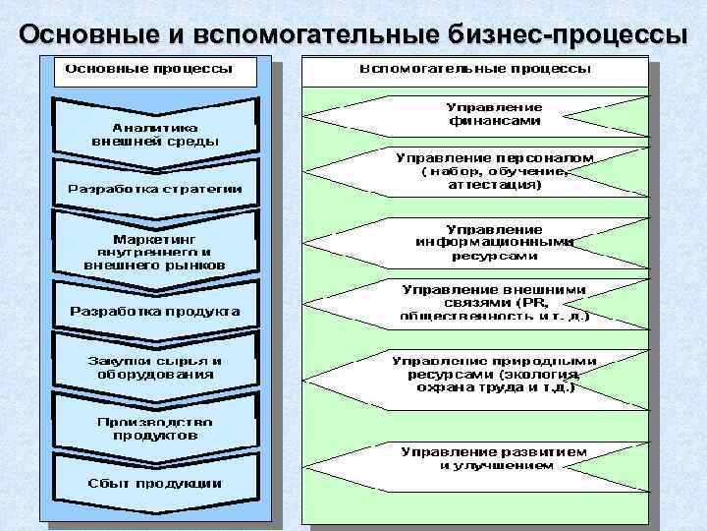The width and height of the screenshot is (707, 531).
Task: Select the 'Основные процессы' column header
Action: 148,70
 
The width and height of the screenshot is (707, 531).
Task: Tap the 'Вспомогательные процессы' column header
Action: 475,70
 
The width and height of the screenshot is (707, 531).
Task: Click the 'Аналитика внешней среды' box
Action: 154,134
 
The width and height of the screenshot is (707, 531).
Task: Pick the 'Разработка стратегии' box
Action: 154,188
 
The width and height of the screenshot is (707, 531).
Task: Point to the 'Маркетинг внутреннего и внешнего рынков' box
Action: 154,252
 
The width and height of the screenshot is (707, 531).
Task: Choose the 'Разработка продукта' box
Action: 154,312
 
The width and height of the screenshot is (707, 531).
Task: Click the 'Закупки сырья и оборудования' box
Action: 154,367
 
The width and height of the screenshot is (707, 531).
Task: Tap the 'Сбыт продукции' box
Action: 154,483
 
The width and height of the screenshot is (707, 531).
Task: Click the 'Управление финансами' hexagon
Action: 481,114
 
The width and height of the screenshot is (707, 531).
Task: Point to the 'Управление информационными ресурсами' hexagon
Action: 481,242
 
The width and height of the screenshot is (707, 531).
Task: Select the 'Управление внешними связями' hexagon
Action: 481,303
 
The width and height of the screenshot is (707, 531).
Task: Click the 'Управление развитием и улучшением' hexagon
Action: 481,458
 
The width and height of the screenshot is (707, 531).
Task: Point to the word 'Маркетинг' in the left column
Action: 154,238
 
